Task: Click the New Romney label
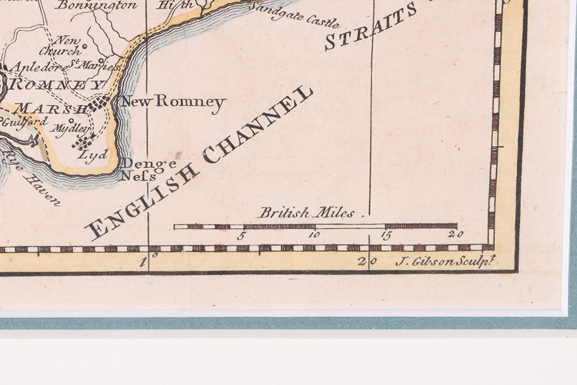(172, 103)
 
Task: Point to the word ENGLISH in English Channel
(139, 199)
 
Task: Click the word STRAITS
(370, 26)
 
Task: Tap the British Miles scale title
(306, 213)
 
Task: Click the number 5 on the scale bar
(242, 235)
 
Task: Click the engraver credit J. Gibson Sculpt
(446, 261)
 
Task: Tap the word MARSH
(51, 108)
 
